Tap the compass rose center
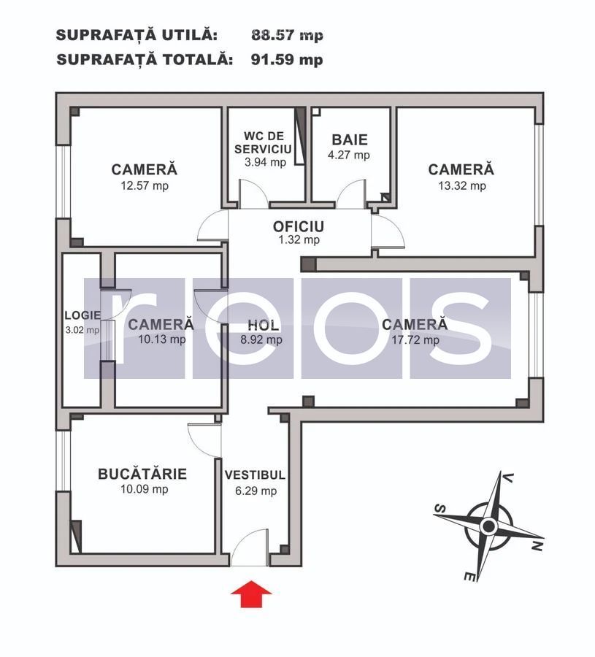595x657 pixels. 488,526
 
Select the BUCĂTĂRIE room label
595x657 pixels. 142,474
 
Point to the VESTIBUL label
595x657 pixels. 255,474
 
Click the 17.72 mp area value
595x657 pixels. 415,339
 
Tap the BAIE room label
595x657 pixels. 350,139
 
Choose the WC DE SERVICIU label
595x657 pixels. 263,142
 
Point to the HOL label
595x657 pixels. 264,324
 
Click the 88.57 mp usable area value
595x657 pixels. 287,35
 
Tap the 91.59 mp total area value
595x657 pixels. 287,60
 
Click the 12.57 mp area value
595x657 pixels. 144,185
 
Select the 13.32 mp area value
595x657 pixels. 461,185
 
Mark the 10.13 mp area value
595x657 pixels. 161,339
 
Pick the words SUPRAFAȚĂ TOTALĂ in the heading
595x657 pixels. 145,60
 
